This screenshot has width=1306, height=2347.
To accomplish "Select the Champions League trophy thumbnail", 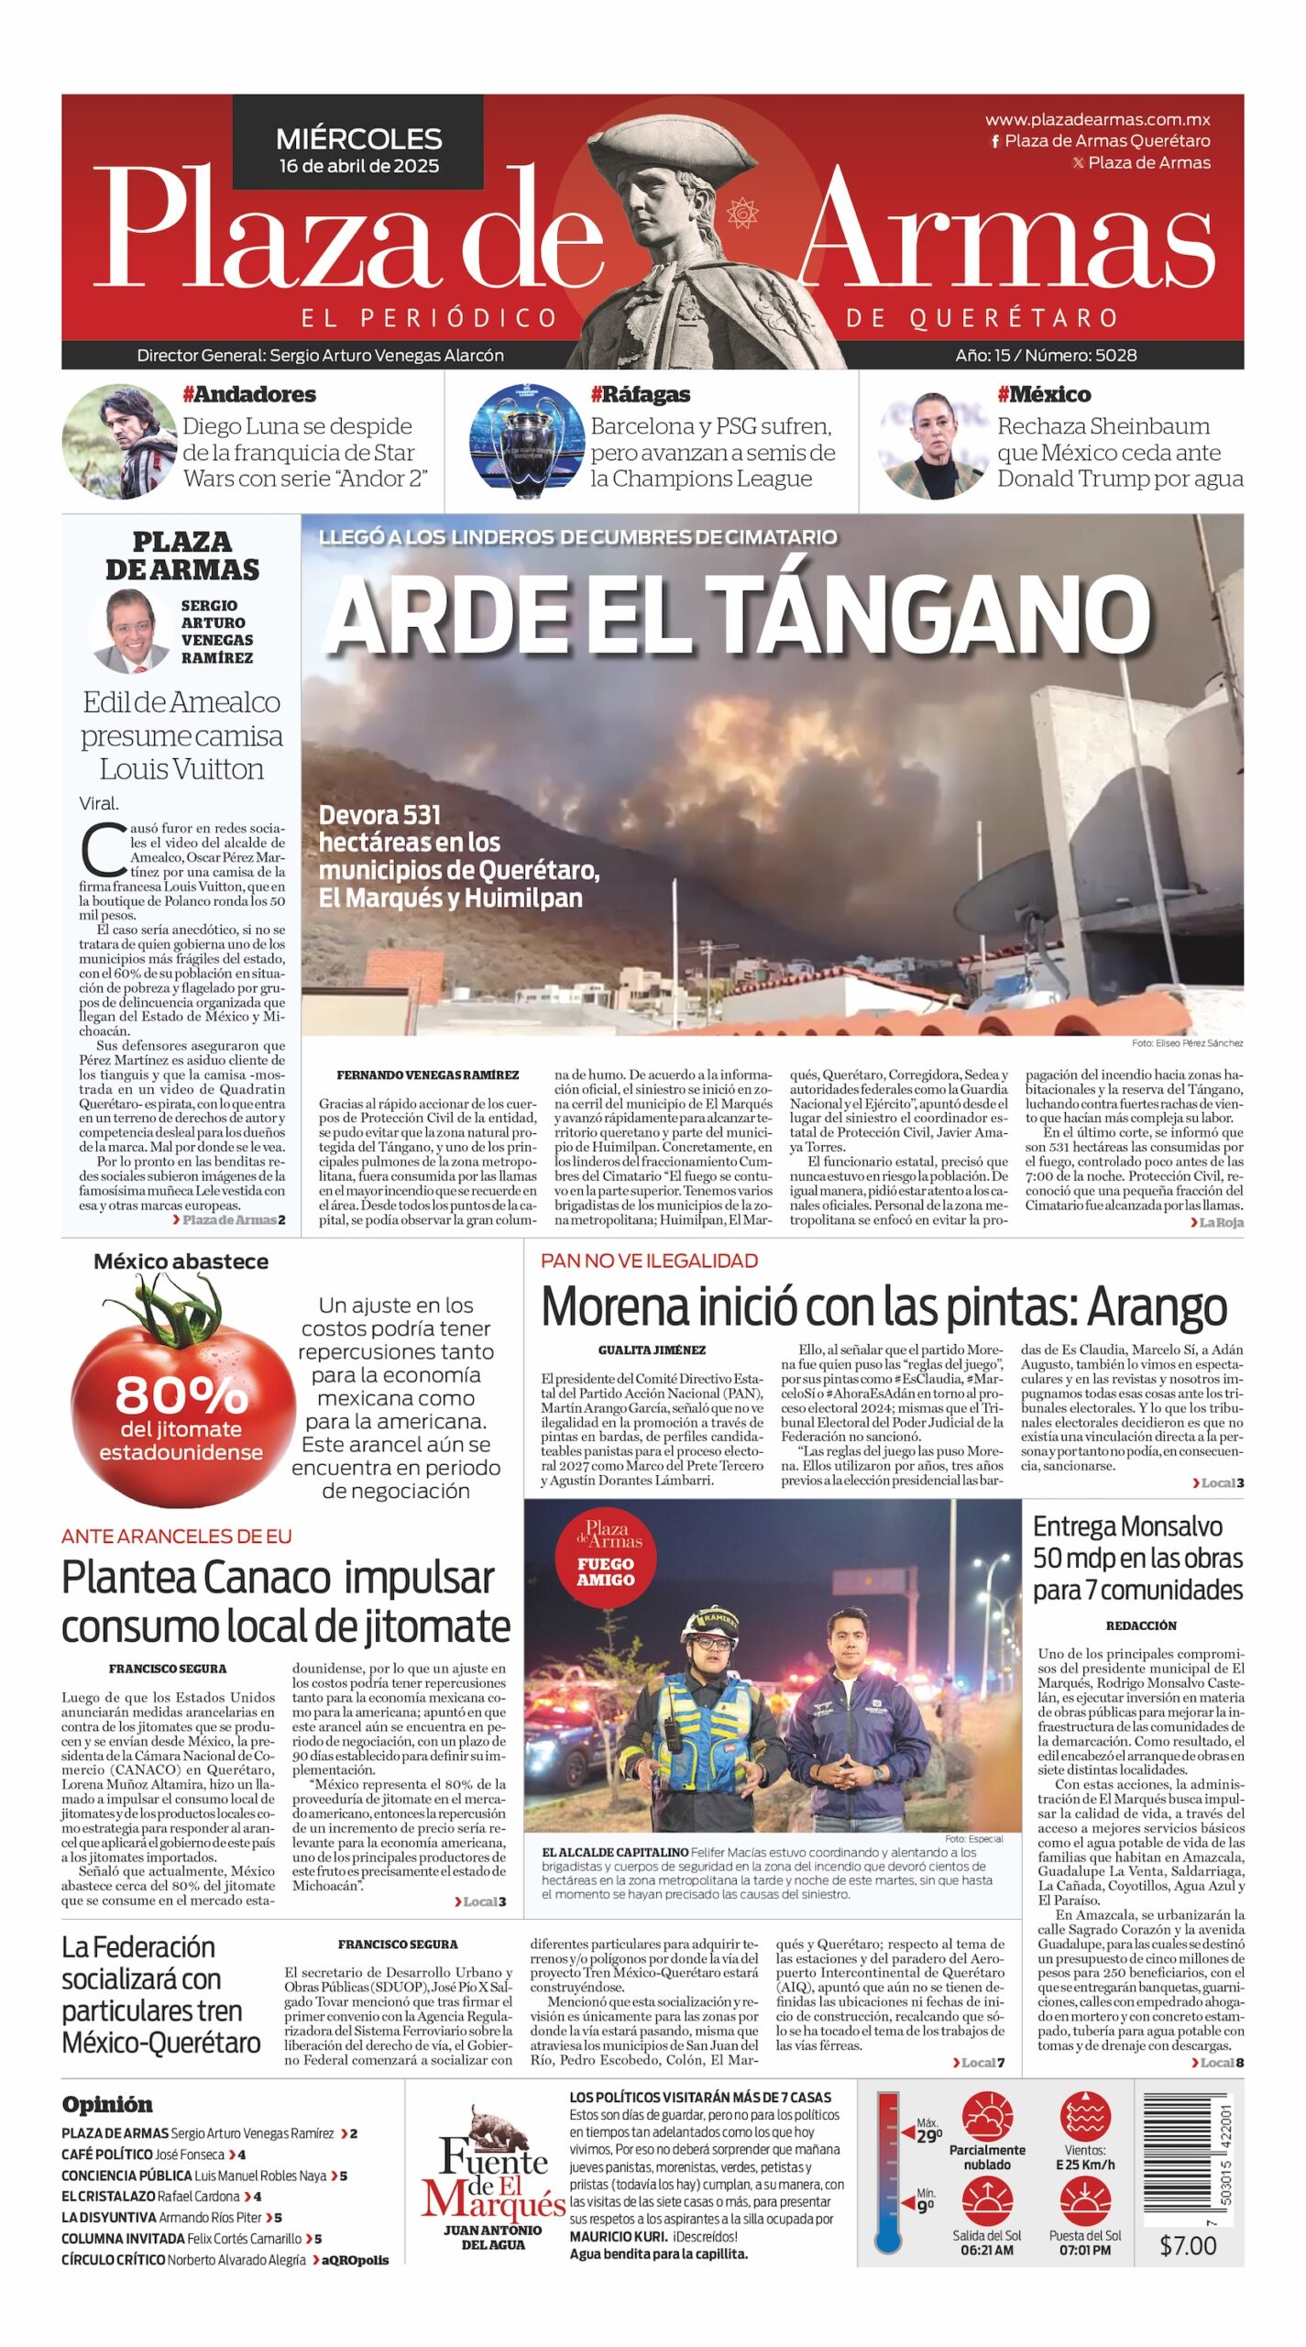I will click(525, 441).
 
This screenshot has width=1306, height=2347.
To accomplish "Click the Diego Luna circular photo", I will click(119, 441).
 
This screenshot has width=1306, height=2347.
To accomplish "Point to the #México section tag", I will click(1044, 394).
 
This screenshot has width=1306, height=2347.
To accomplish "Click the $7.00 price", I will click(1188, 2245).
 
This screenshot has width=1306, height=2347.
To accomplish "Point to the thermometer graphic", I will click(889, 2172).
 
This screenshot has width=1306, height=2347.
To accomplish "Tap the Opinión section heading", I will click(107, 2104).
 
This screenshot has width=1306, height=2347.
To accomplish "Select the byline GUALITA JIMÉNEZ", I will click(652, 1350).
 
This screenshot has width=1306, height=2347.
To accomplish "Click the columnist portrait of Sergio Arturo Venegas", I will click(131, 630).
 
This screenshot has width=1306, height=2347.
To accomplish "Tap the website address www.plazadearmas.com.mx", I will click(1097, 119).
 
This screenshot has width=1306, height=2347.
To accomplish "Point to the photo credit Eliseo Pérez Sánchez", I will click(1187, 1043).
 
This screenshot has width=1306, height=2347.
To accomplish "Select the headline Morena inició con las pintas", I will click(883, 1306).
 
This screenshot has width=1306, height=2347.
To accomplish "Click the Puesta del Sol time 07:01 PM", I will click(1085, 2250).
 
